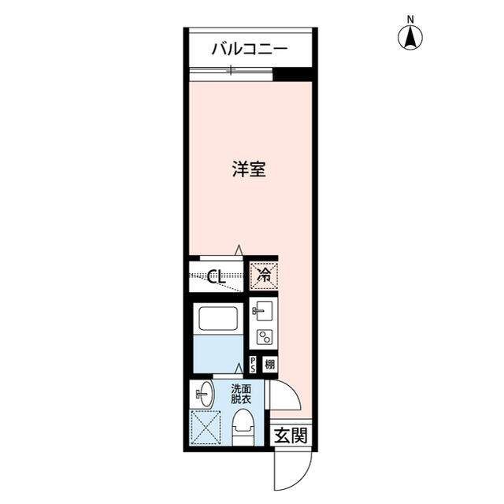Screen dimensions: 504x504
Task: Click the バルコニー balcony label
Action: point(249,50)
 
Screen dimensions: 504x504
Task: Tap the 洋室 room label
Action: point(248,169)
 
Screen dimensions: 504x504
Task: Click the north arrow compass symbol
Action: point(410,36)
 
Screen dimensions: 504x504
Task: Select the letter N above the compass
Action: point(410,18)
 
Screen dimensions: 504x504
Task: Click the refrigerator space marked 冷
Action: point(264,276)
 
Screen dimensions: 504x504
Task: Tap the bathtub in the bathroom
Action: point(218,319)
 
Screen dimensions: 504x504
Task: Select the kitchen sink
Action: point(262,310)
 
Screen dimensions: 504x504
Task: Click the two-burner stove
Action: point(263,337)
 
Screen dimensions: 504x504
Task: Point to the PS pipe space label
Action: point(253,365)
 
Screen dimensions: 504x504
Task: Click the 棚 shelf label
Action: point(269,365)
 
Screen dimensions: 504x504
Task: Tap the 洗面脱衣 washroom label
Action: point(241,394)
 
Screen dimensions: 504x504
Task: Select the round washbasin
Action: point(203,391)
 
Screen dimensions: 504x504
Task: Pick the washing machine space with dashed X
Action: point(206,428)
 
